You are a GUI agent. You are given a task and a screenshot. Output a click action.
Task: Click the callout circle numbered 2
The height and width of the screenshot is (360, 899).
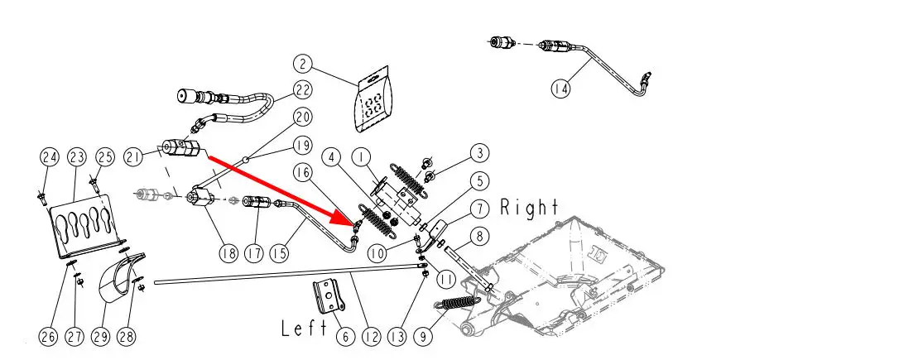tap(304, 63)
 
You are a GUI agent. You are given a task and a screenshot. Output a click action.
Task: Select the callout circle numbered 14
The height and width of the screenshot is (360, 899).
tap(561, 87)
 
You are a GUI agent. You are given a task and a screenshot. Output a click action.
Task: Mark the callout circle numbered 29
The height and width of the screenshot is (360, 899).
tap(100, 337)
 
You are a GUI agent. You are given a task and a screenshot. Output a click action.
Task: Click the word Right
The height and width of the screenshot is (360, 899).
tap(529, 208)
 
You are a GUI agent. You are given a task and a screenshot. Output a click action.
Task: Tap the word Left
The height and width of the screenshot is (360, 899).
tap(305, 329)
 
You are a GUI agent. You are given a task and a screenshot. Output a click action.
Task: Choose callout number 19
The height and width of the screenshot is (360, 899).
tap(301, 146)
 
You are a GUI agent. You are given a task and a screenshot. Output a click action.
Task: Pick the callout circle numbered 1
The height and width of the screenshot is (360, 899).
tap(360, 156)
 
